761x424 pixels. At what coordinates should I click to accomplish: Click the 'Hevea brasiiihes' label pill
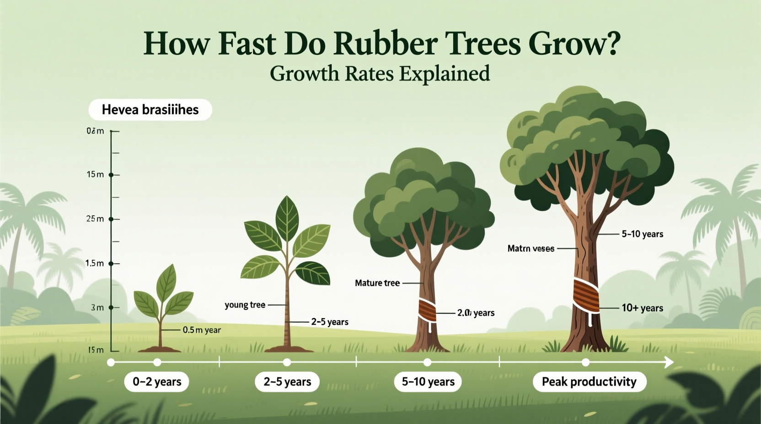[x=150, y=110]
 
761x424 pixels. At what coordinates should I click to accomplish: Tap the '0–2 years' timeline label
[x=157, y=382]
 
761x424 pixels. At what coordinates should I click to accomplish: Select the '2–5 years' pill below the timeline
[x=287, y=382]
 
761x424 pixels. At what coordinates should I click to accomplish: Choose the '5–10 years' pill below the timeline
[x=428, y=382]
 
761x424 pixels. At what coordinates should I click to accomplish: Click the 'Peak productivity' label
[x=589, y=382]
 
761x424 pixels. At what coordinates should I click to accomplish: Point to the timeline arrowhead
[x=669, y=363]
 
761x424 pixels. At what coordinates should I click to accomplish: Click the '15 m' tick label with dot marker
[x=95, y=175]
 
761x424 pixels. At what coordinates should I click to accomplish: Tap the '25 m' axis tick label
[x=95, y=219]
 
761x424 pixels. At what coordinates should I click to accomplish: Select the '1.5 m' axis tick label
[x=95, y=263]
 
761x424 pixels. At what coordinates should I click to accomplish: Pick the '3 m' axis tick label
[x=97, y=307]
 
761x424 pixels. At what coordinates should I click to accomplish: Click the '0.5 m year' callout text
[x=202, y=330]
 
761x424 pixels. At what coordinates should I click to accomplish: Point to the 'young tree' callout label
[x=245, y=305]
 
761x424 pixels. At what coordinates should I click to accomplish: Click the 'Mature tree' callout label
[x=377, y=283]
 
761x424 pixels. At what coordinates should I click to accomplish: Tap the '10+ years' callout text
[x=642, y=308]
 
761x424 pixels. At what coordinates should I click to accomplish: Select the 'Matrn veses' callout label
[x=531, y=249]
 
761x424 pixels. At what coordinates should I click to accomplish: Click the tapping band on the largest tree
[x=586, y=296]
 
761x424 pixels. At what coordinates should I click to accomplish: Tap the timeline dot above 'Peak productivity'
[x=585, y=363]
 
